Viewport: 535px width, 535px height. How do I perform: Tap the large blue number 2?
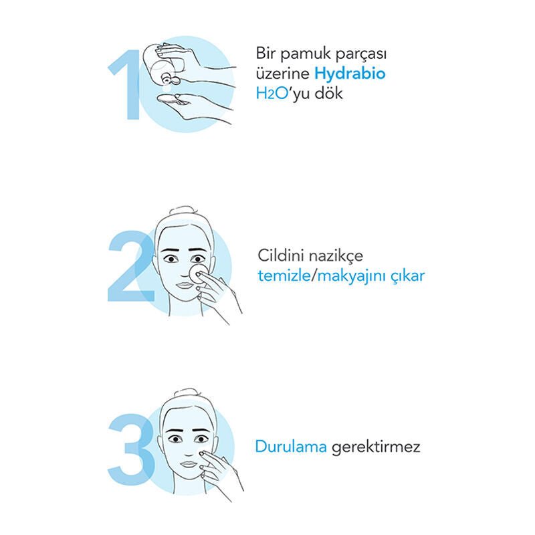[131, 267]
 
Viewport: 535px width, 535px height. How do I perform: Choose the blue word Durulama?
[289, 447]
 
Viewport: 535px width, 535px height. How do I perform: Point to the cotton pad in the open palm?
[172, 100]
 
